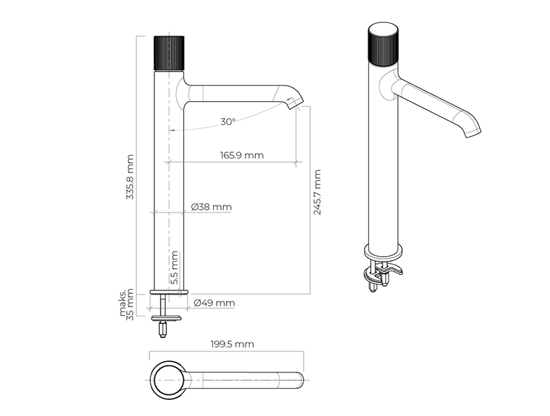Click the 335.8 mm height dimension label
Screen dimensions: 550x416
[130, 177]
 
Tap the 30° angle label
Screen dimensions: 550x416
[227, 122]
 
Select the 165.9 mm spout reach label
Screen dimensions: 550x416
[241, 155]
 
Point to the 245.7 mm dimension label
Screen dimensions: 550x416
[317, 192]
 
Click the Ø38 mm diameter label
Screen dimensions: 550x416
[212, 207]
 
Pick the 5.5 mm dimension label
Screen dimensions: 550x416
[174, 268]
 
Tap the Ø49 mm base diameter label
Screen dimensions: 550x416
[215, 303]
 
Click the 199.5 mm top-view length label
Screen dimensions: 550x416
[232, 344]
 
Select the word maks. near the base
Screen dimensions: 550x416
[122, 302]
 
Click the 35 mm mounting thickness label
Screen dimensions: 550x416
[130, 304]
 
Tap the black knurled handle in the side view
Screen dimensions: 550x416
[169, 53]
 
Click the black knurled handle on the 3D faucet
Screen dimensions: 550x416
[383, 44]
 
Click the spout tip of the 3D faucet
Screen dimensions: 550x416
[473, 133]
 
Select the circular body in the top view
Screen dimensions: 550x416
[166, 380]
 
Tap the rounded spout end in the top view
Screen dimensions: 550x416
[299, 380]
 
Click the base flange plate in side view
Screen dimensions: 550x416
[169, 292]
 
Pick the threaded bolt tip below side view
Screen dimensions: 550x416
[163, 330]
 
